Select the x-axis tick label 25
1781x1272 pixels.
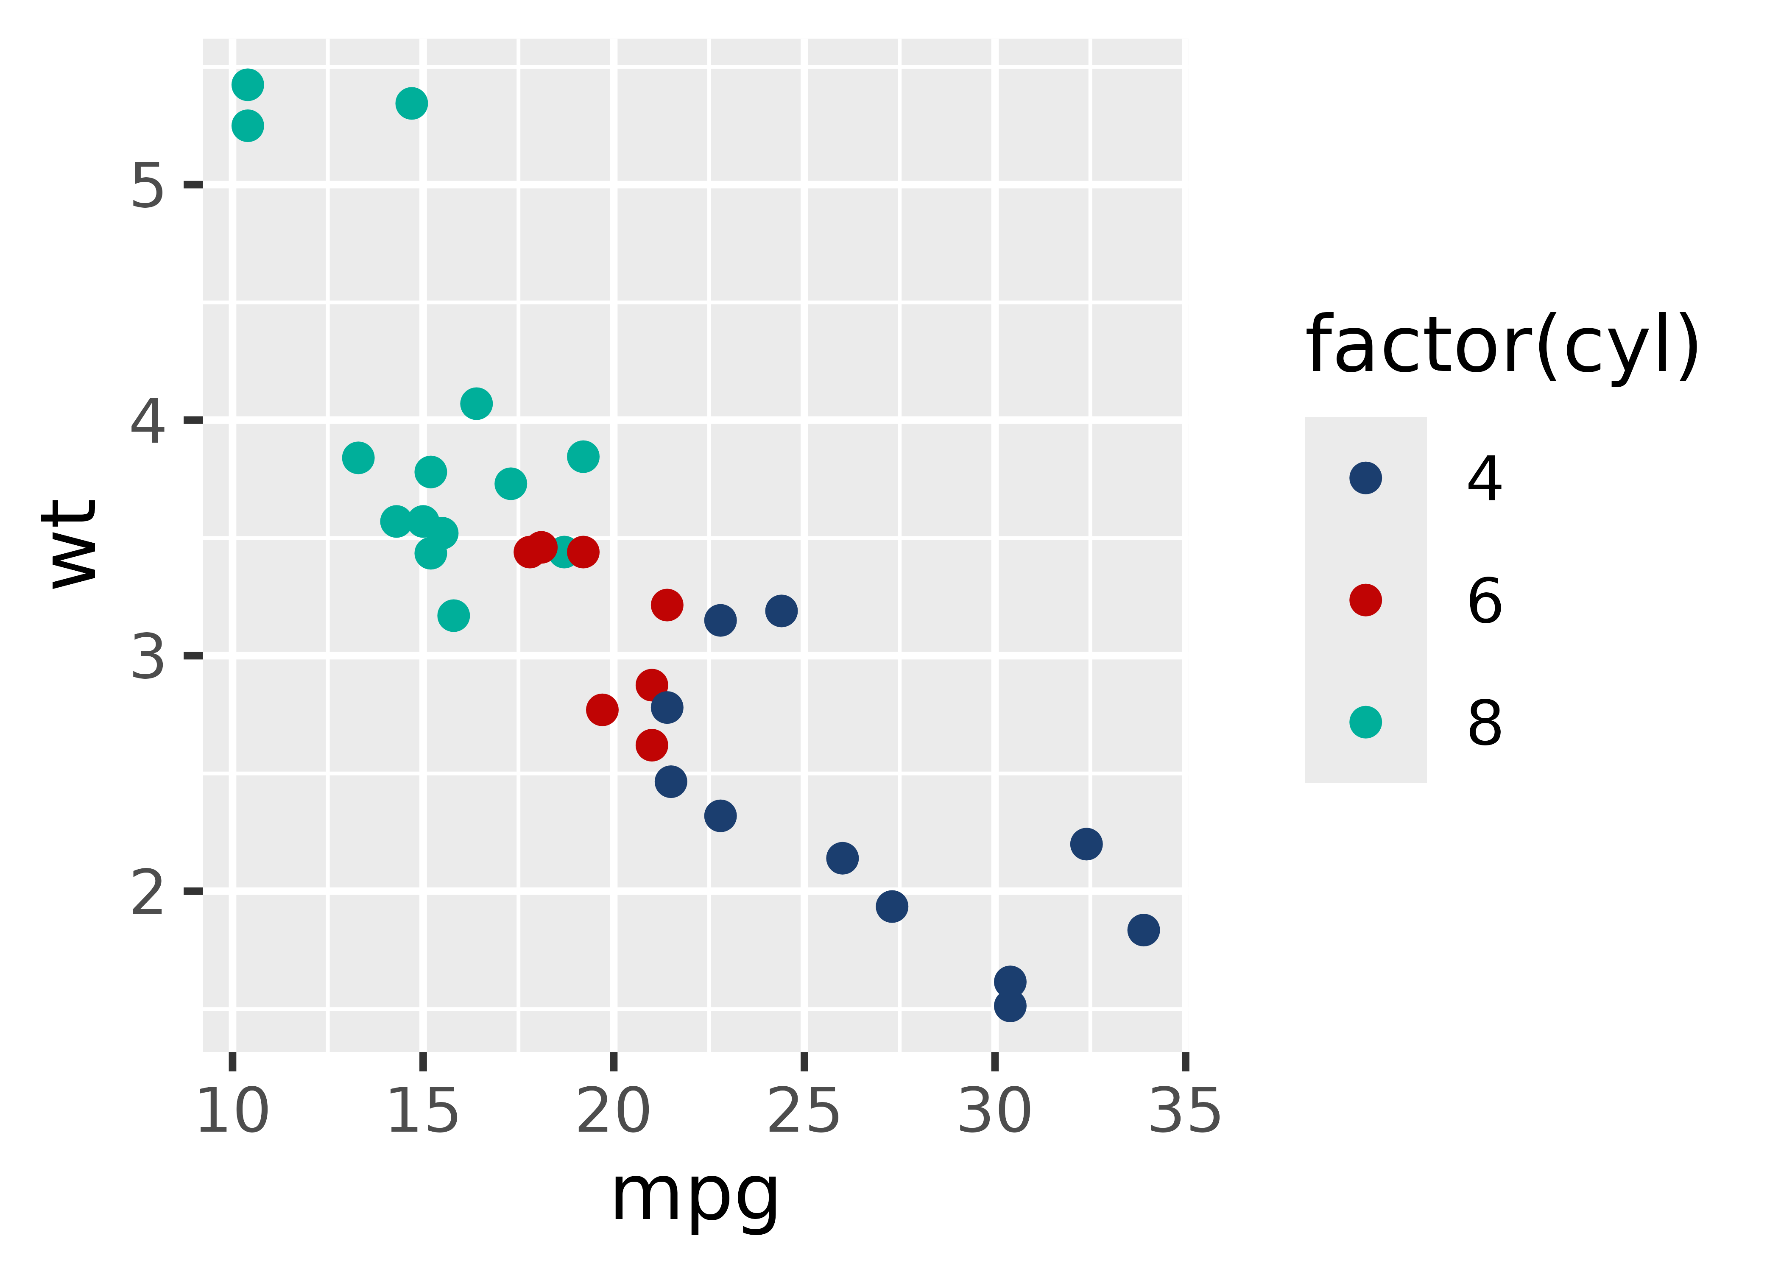pyautogui.click(x=804, y=1111)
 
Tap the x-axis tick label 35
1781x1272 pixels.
pyautogui.click(x=1184, y=1111)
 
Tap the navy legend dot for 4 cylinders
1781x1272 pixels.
pyautogui.click(x=1365, y=478)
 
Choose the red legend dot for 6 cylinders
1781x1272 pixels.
pyautogui.click(x=1365, y=600)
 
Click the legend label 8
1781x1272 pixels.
pyautogui.click(x=1484, y=723)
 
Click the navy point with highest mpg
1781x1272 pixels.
pyautogui.click(x=1144, y=930)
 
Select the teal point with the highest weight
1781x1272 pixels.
pyautogui.click(x=248, y=85)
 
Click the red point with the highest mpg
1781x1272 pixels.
pyautogui.click(x=667, y=605)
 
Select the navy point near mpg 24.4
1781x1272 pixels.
pyautogui.click(x=781, y=610)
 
